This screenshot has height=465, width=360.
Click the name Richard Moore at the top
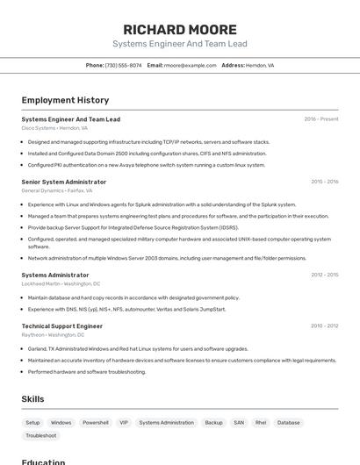point(180,29)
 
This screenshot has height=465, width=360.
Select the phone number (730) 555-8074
point(123,65)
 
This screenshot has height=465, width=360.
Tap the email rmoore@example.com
point(190,65)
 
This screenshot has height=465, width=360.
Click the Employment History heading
point(65,100)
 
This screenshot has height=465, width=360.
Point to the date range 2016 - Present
point(320,119)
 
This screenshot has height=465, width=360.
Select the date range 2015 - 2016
point(324,182)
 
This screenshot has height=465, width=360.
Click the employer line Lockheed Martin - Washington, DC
point(61,283)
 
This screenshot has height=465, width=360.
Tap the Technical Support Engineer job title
point(61,325)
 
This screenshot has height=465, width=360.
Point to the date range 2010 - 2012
point(324,325)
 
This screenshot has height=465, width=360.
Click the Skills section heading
point(32,399)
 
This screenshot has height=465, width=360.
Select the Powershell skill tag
point(96,422)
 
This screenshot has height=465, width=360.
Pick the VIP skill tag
point(124,422)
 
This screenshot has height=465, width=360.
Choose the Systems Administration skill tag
point(166,422)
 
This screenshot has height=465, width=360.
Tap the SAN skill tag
point(238,422)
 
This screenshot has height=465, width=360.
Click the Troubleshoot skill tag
point(41,435)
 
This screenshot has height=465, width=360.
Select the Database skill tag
point(288,422)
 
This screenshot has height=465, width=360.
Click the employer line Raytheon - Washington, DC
point(53,334)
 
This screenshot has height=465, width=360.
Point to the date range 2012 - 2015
point(324,275)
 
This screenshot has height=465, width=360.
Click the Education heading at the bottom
point(43,461)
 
